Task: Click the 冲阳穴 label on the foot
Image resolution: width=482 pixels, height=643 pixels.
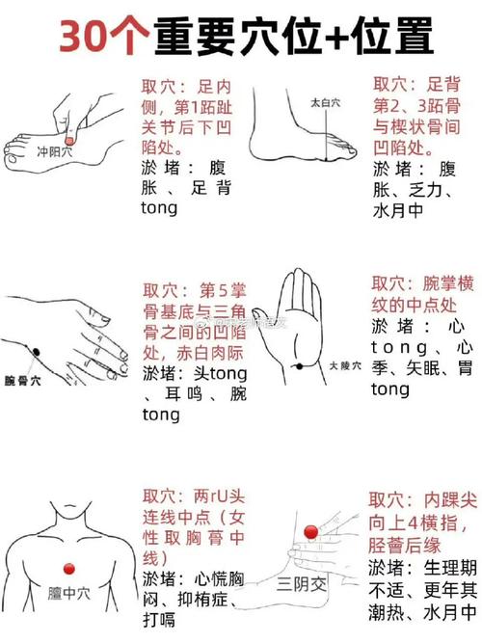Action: (x=54, y=151)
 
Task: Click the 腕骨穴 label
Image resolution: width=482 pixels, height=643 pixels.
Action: (x=22, y=381)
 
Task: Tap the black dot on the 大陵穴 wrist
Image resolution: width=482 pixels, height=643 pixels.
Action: (x=299, y=364)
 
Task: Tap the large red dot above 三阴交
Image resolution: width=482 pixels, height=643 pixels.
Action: (x=310, y=532)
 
